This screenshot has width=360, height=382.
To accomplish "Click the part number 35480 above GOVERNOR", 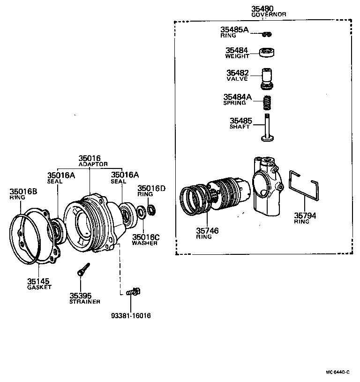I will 262,8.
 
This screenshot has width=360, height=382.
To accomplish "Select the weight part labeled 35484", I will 267,52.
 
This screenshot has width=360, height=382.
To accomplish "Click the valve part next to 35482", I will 267,78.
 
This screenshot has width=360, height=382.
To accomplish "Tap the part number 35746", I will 208,231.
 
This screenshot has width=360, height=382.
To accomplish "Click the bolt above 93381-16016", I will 133,292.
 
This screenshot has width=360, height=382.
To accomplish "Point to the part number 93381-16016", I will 132,316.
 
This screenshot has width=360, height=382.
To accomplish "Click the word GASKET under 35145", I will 39,287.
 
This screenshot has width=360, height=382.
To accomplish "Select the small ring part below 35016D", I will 151,209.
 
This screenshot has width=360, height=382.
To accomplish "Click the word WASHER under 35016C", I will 144,243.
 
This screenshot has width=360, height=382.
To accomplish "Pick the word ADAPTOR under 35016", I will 93,164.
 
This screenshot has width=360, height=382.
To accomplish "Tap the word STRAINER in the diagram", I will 85,301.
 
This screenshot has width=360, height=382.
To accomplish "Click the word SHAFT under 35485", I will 240,127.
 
